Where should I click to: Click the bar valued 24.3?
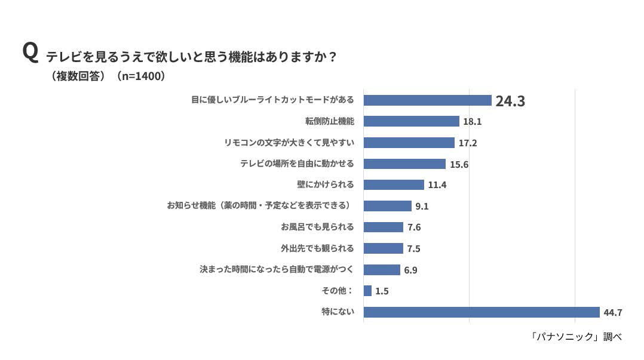(x=427, y=100)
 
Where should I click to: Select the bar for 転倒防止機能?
(x=411, y=121)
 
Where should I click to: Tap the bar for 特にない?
(x=481, y=312)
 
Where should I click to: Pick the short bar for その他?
(x=367, y=291)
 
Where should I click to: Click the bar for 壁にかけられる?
(x=393, y=184)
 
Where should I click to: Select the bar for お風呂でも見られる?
(x=383, y=227)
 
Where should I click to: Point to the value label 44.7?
(x=613, y=312)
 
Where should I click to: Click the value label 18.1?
(x=472, y=121)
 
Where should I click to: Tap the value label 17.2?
(x=468, y=143)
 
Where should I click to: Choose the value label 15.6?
(x=459, y=164)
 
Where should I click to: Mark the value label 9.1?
(x=422, y=206)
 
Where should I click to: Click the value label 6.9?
(x=410, y=270)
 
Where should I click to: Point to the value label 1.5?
(x=382, y=291)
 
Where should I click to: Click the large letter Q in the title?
(x=30, y=52)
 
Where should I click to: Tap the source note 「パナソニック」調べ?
(x=575, y=337)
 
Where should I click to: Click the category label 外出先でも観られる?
(x=317, y=248)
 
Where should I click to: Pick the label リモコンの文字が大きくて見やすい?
(x=289, y=143)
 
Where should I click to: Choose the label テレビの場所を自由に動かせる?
(x=297, y=164)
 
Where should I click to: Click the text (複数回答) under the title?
(x=78, y=76)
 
